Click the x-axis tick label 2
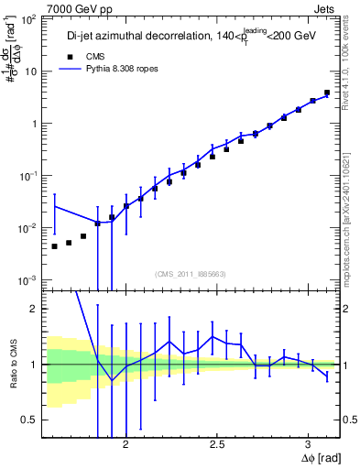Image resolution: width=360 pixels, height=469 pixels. pyautogui.click(x=126, y=441)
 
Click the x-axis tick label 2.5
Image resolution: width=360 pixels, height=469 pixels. pyautogui.click(x=217, y=441)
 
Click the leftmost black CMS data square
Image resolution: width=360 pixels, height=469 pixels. pyautogui.click(x=55, y=246)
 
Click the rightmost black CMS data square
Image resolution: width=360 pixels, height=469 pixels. pyautogui.click(x=327, y=93)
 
